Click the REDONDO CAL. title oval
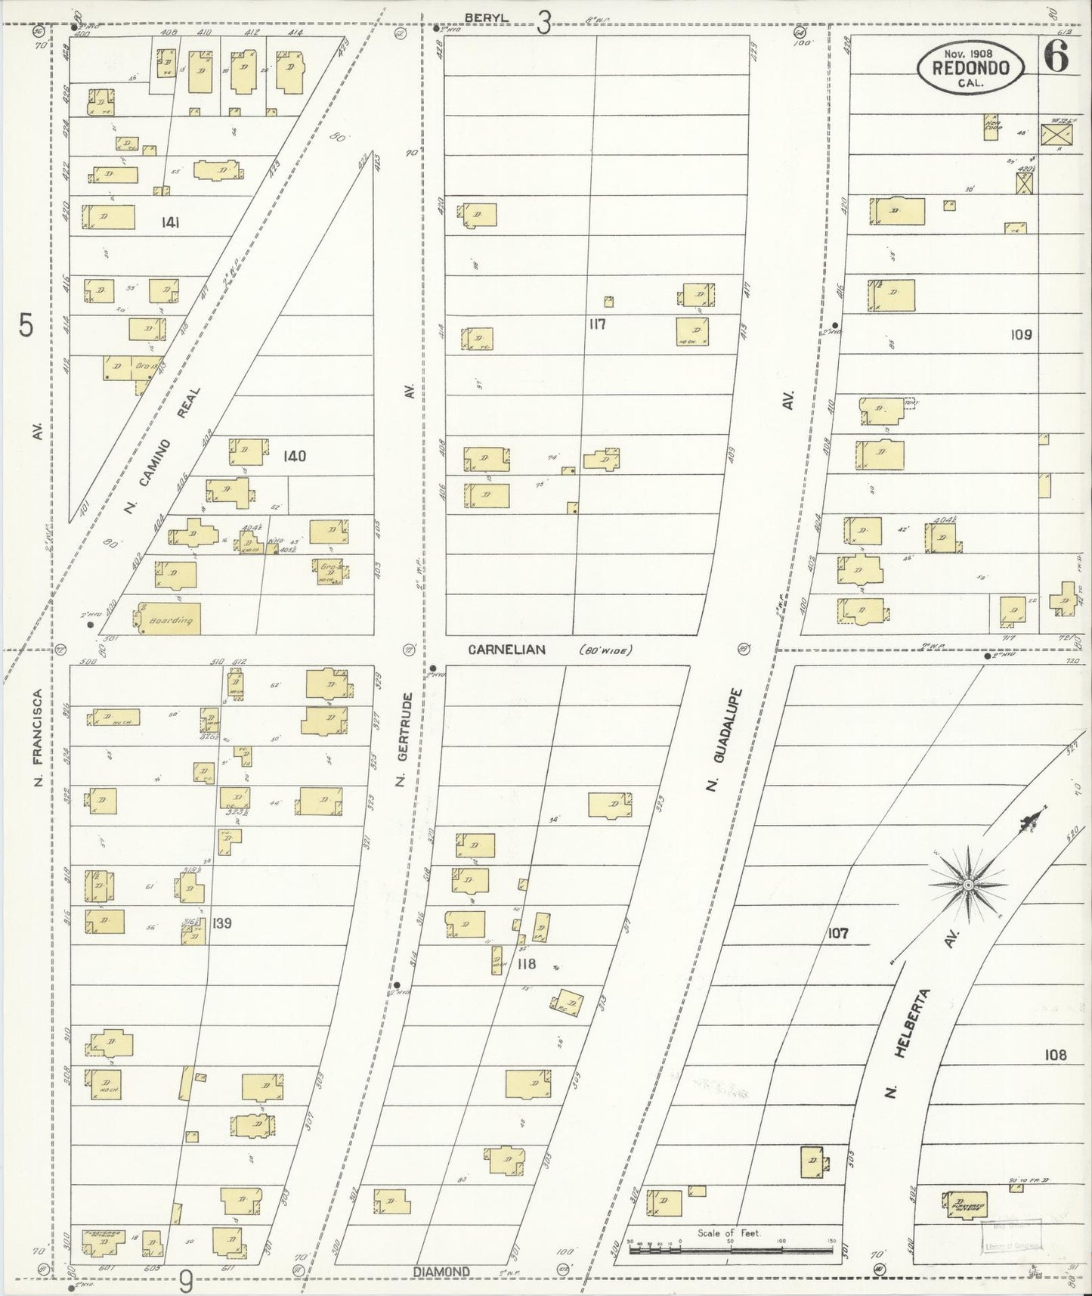pos(970,68)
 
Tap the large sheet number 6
pos(1057,57)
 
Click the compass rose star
pos(968,884)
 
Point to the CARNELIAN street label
pos(506,650)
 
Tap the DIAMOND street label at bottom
pos(442,1272)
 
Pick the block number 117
pos(598,324)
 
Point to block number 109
pos(1020,334)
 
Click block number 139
pos(222,923)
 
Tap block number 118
pos(526,964)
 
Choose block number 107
pos(837,934)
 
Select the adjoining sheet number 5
pos(26,327)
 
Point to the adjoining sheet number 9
pos(186,1280)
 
